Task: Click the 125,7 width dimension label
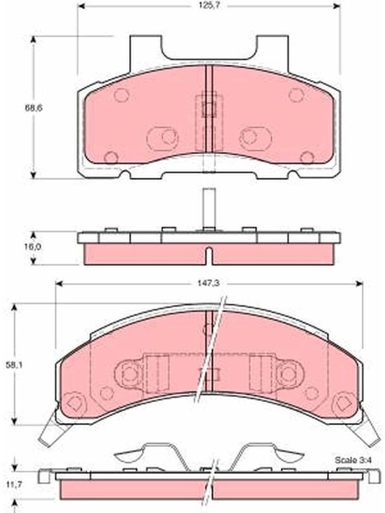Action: pyautogui.click(x=209, y=6)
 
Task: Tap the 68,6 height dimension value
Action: pyautogui.click(x=34, y=108)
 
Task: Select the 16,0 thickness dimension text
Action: pyautogui.click(x=33, y=247)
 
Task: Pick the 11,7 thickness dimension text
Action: pyautogui.click(x=14, y=485)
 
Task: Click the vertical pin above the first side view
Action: pyautogui.click(x=209, y=209)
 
